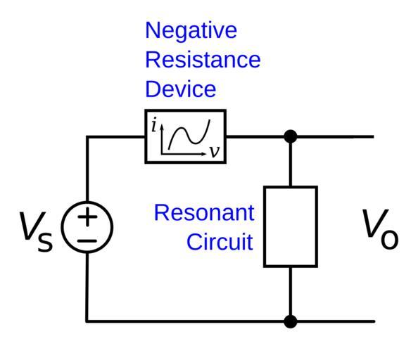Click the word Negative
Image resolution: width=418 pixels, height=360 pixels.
click(191, 32)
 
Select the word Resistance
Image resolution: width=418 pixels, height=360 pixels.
click(203, 59)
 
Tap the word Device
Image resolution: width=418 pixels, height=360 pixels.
click(180, 89)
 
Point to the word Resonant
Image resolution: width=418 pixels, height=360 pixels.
click(204, 212)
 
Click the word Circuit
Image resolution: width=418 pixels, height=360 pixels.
click(220, 242)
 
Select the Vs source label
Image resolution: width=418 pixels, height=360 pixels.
click(37, 231)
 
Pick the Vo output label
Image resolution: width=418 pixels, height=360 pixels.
click(380, 229)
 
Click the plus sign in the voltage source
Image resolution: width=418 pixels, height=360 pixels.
click(87, 217)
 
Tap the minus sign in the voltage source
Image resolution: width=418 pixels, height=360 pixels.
click(87, 241)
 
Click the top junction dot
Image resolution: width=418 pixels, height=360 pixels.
click(291, 136)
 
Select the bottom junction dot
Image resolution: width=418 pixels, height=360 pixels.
click(291, 321)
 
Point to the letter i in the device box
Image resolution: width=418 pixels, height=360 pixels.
click(154, 125)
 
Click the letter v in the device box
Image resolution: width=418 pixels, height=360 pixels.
click(215, 152)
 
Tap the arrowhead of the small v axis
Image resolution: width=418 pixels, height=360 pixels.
click(204, 154)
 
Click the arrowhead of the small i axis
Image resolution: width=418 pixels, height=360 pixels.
click(161, 127)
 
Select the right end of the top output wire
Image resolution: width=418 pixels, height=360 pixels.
click(373, 136)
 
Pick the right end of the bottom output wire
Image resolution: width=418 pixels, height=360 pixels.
click(374, 321)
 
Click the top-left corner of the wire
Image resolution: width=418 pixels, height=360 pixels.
click(87, 137)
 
